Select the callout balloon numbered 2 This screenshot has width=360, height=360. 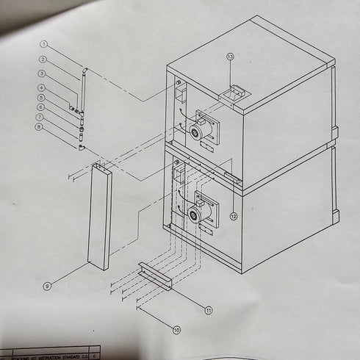tap(44, 59)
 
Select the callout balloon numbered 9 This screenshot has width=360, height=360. tap(47, 287)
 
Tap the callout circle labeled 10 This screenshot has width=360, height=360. tap(176, 330)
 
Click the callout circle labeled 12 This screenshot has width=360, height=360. tap(234, 216)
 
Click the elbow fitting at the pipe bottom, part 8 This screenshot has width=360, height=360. tap(82, 147)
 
